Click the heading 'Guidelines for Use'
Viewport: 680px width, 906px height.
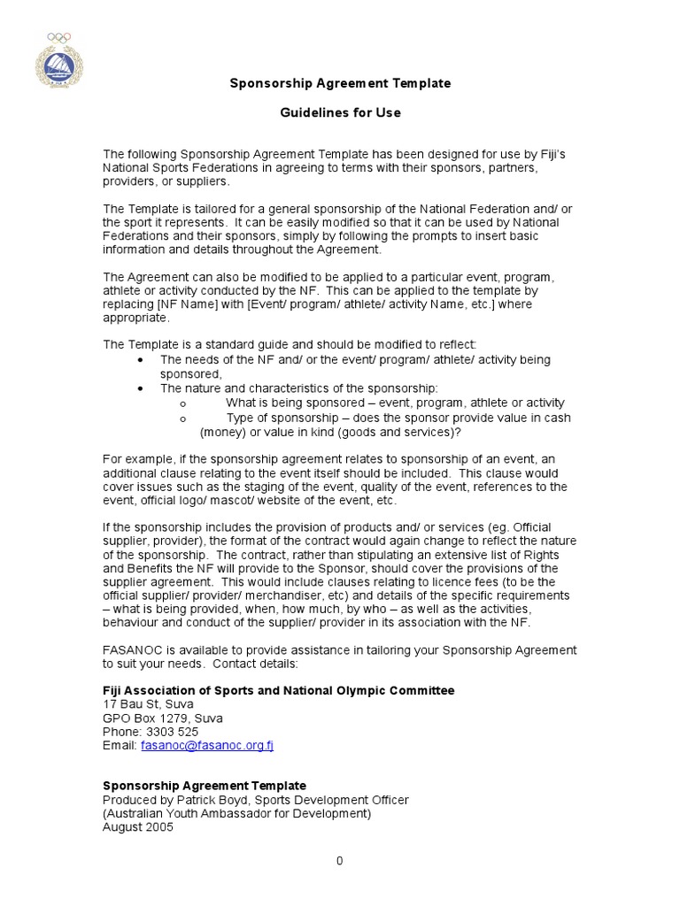click(x=340, y=112)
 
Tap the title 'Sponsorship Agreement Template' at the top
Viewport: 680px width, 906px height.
click(x=340, y=83)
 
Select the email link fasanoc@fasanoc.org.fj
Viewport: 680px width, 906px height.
click(x=207, y=746)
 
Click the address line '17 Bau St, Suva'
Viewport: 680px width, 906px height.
click(x=148, y=704)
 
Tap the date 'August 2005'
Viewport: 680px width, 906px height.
click(x=138, y=827)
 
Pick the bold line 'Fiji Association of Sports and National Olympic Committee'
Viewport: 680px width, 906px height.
click(x=279, y=690)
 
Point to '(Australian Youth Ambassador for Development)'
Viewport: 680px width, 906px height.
click(x=237, y=813)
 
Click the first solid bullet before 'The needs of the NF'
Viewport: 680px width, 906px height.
click(x=142, y=360)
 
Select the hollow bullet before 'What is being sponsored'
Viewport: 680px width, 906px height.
click(x=182, y=403)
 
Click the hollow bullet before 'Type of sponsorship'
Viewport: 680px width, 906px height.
click(x=182, y=418)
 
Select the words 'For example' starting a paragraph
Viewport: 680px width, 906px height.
click(x=135, y=458)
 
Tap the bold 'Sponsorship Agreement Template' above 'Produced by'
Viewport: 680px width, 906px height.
click(x=205, y=786)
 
